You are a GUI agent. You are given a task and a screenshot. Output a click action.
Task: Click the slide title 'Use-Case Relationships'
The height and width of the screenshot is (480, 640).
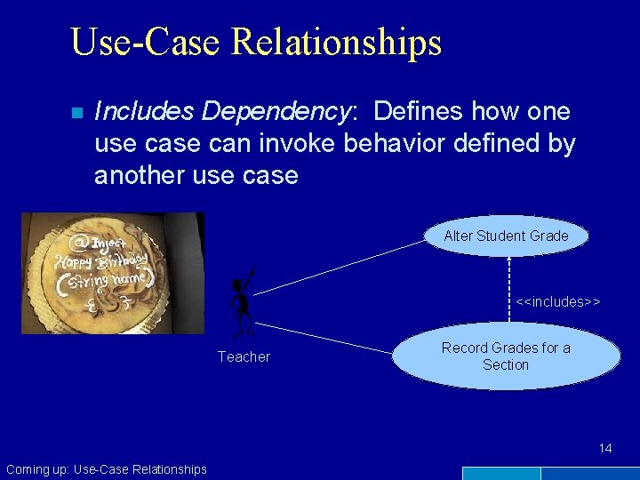click(x=255, y=42)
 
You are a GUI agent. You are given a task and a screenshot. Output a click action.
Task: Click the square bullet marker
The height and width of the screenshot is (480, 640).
click(x=76, y=113)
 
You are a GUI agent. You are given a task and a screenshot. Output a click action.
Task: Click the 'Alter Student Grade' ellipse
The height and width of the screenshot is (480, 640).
click(x=505, y=236)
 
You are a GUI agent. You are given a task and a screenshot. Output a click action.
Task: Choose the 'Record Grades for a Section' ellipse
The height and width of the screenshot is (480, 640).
click(x=506, y=356)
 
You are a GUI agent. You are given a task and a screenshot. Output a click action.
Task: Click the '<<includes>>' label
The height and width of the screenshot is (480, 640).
click(x=558, y=302)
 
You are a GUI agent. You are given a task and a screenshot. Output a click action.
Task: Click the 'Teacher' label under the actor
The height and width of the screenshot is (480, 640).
click(x=244, y=357)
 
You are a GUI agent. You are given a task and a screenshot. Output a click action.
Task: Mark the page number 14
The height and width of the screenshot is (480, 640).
click(x=605, y=448)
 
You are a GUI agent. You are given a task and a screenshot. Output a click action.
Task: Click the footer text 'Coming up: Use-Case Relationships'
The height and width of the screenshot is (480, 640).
click(x=106, y=469)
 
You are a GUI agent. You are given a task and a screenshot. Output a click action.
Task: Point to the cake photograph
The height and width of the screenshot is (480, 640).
click(x=112, y=273)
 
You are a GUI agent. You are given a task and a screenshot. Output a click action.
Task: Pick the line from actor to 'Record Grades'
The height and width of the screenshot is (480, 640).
click(x=329, y=337)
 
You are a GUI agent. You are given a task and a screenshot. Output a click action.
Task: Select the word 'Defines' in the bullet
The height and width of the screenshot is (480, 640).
click(x=419, y=111)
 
